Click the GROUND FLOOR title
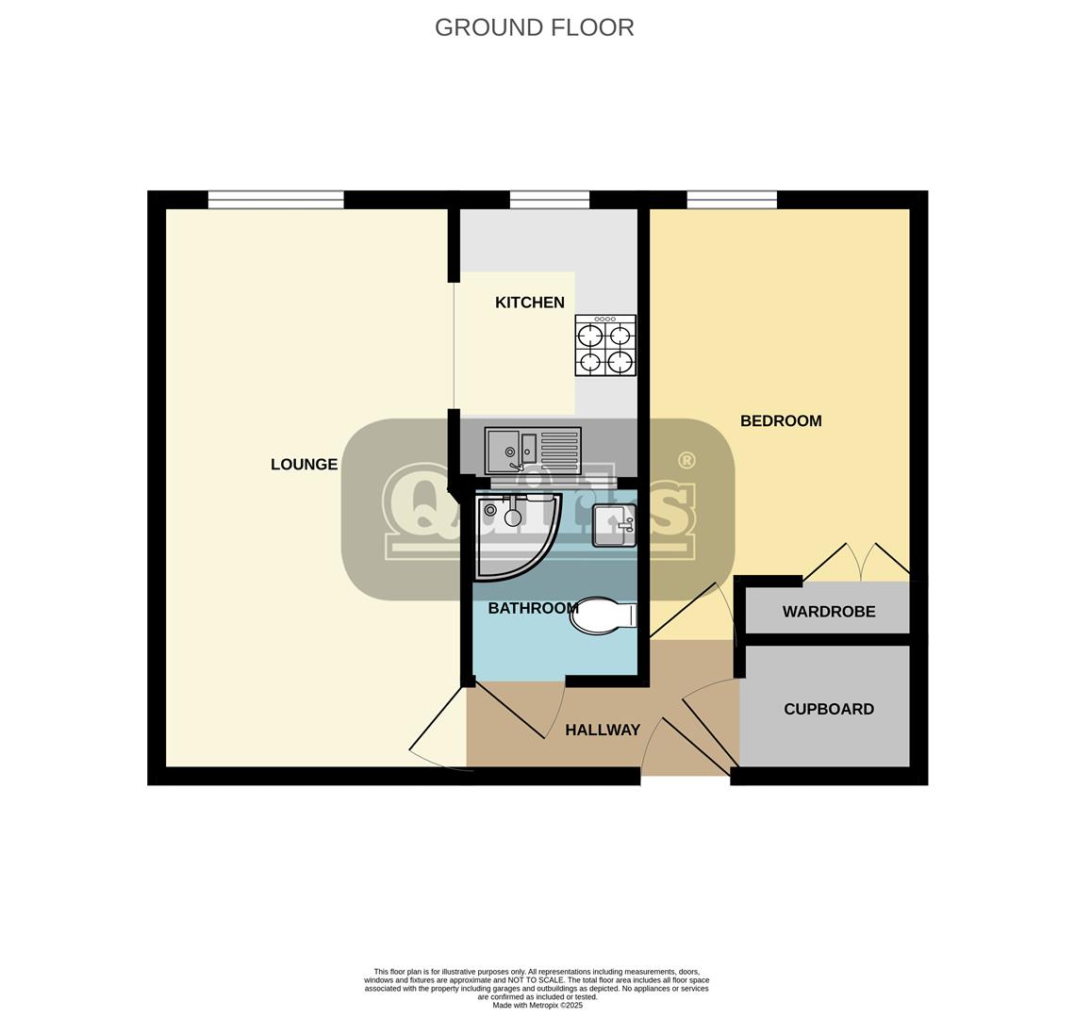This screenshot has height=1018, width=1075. (534, 27)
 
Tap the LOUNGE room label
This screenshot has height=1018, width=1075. (304, 464)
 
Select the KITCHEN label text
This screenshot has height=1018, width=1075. (529, 303)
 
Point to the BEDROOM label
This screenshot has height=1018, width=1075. (780, 421)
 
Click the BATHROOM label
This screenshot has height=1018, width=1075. (533, 608)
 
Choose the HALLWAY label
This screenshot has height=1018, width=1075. (602, 730)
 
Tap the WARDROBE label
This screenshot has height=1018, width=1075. (828, 612)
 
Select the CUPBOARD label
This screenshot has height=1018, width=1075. (828, 709)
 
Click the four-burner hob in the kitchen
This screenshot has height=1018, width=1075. (604, 345)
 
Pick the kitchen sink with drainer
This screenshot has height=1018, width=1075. (533, 451)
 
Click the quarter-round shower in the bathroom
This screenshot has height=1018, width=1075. (514, 533)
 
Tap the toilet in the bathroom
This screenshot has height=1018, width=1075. (604, 616)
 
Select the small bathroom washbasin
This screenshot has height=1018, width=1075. (614, 525)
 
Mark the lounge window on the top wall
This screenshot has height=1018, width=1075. (275, 199)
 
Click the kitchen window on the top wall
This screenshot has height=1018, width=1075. (549, 199)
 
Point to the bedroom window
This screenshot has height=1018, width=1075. (732, 199)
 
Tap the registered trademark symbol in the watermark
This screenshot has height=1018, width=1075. (686, 460)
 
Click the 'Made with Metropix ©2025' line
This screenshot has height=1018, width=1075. (537, 1005)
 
